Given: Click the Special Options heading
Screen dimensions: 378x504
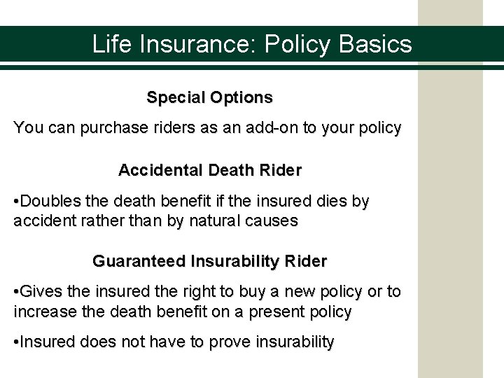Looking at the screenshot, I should [209, 97].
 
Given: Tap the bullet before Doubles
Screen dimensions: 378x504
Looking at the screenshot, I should [17, 202].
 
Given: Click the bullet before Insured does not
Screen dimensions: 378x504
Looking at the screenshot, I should [17, 343].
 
